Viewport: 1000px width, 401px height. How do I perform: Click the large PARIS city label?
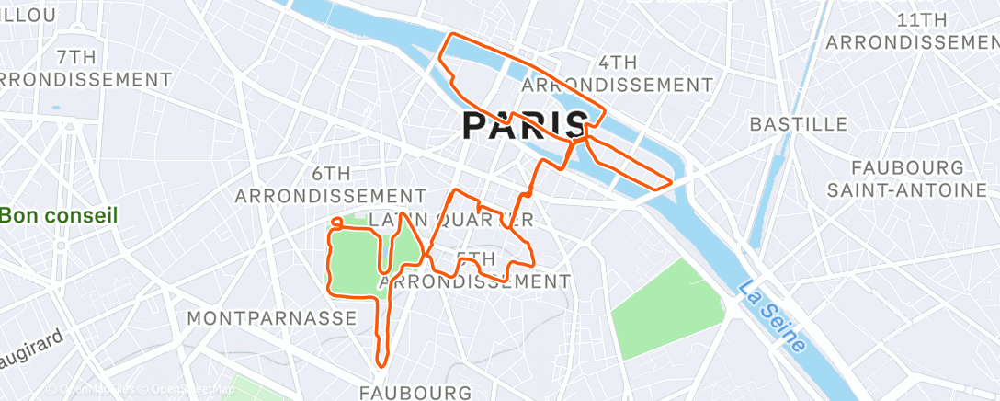[525, 124]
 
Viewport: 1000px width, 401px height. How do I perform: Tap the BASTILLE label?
[798, 123]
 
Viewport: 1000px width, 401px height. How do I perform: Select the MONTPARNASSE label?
[271, 317]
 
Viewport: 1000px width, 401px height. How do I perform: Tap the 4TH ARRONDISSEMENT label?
[617, 74]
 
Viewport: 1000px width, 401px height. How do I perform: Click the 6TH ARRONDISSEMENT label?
[331, 184]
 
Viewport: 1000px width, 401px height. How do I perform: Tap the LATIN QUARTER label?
[450, 221]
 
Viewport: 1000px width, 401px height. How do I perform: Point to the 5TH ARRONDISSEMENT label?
[474, 270]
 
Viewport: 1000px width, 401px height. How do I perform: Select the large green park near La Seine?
[669, 308]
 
